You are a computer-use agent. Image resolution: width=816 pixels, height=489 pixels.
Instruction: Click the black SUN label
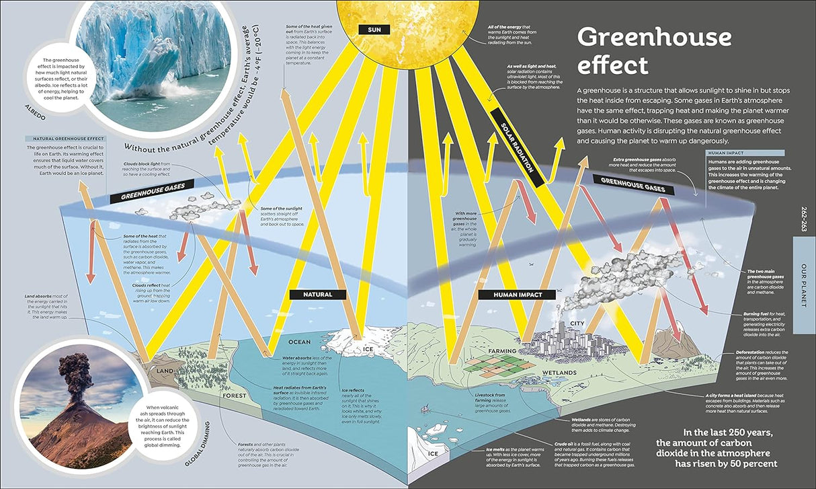[x=371, y=29]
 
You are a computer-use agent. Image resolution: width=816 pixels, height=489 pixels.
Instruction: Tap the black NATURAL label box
[x=318, y=294]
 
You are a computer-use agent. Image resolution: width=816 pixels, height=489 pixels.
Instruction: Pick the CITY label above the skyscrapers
[x=577, y=324]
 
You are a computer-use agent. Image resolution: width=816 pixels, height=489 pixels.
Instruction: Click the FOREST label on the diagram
[x=235, y=396]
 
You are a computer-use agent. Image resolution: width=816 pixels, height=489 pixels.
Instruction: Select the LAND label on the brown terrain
[x=165, y=371]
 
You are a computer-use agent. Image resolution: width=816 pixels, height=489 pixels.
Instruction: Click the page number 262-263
[x=803, y=219]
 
